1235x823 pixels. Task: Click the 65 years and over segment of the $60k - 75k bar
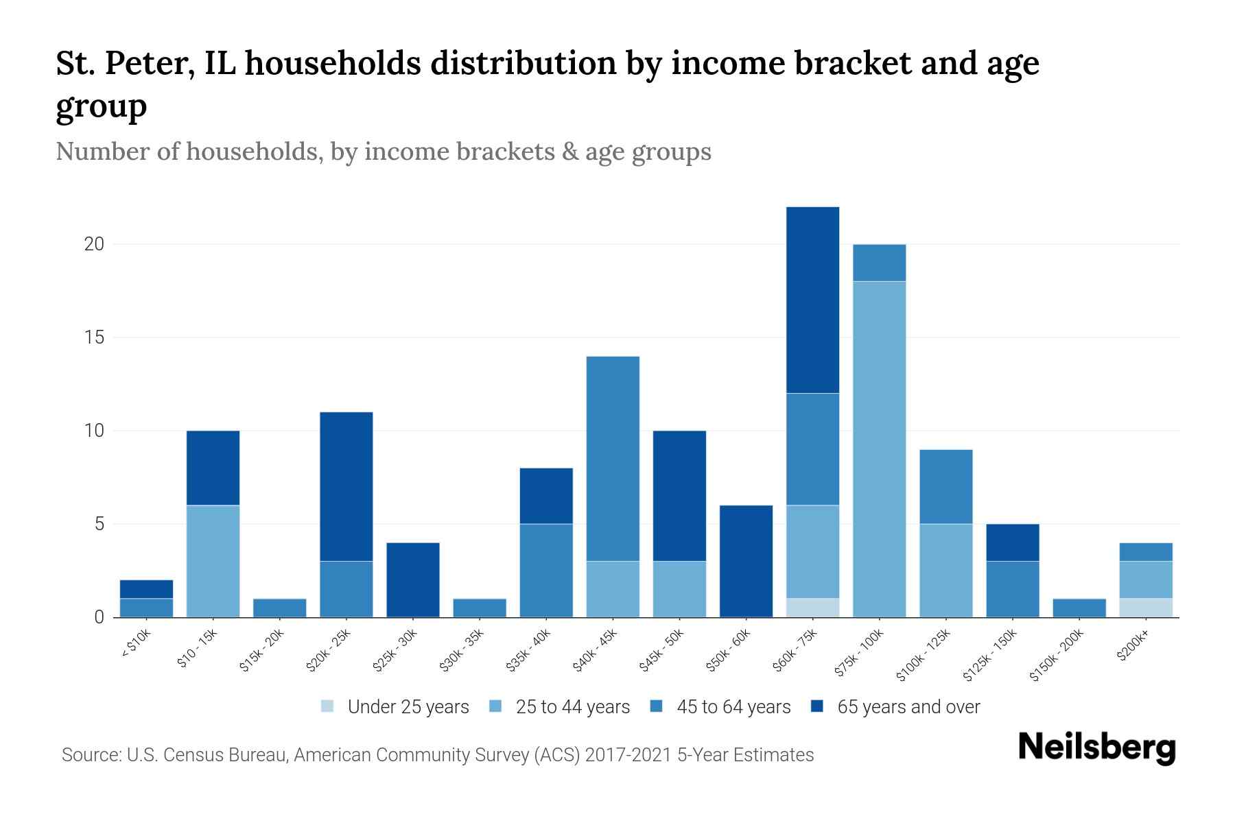pyautogui.click(x=812, y=300)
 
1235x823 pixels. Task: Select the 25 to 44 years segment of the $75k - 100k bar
pyautogui.click(x=879, y=449)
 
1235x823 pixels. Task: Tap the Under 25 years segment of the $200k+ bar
pyautogui.click(x=1146, y=608)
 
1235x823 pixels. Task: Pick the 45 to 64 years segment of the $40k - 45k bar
pyautogui.click(x=613, y=458)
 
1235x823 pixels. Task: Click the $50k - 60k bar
pyautogui.click(x=746, y=561)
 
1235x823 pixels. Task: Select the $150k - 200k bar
pyautogui.click(x=1079, y=608)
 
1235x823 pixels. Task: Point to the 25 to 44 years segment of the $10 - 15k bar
pyautogui.click(x=213, y=561)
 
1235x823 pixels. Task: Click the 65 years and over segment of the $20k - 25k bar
pyautogui.click(x=346, y=486)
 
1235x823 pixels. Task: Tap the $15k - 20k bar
pyautogui.click(x=279, y=608)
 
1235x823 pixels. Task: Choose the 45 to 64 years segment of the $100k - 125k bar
pyautogui.click(x=945, y=486)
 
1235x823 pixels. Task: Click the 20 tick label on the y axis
pyautogui.click(x=94, y=244)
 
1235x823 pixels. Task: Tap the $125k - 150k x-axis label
pyautogui.click(x=991, y=656)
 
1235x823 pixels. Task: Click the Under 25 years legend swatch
pyautogui.click(x=328, y=706)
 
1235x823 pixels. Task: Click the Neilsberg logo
pyautogui.click(x=1096, y=748)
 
